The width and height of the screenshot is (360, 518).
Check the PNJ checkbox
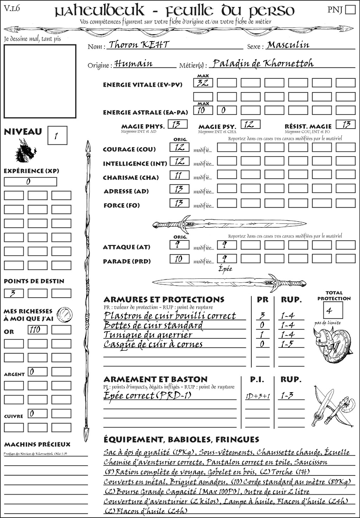coord(350,9)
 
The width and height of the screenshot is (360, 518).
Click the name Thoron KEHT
coord(139,45)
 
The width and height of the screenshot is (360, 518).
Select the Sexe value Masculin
coord(288,45)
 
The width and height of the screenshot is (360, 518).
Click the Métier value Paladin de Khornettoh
coord(263,63)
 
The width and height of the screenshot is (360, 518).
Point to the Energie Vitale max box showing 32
coord(203,83)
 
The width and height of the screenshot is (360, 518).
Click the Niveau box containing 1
coord(57,136)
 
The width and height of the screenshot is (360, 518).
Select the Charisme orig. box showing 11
coord(179,175)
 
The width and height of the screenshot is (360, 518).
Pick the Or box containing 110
coord(37,330)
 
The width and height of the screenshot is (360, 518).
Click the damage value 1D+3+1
coord(257,396)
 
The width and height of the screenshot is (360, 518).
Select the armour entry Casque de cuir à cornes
coord(153,344)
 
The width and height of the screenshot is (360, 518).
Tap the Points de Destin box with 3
coord(14,293)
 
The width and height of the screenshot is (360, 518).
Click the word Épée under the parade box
coord(225,269)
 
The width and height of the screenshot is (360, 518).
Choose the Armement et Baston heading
coord(155,379)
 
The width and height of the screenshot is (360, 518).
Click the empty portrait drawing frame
coord(40,81)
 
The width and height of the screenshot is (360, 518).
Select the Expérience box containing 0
coord(30,182)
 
